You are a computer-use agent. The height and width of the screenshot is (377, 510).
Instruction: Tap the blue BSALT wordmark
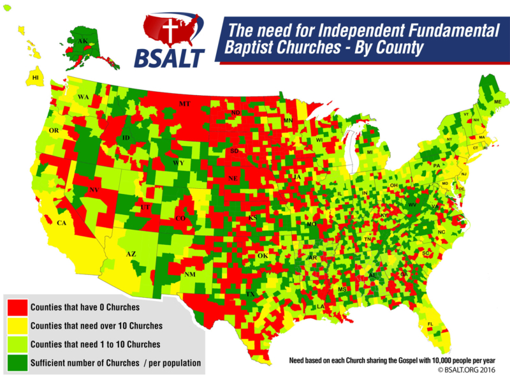(169, 57)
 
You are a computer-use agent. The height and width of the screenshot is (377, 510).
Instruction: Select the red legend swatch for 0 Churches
(17, 307)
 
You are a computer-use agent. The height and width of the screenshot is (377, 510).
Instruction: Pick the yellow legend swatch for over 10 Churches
(17, 326)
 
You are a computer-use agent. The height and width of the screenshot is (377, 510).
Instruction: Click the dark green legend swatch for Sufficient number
(17, 363)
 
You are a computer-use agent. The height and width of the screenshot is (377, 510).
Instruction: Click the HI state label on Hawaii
(36, 78)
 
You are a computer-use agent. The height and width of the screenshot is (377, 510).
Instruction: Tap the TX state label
(251, 294)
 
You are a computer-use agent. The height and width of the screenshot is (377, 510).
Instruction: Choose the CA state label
(62, 223)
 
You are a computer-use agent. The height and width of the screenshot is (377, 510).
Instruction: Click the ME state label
(497, 102)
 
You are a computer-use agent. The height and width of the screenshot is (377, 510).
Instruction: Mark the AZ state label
(131, 254)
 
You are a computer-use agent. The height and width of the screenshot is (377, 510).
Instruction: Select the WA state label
(83, 97)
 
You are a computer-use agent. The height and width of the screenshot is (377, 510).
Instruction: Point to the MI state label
(369, 152)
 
